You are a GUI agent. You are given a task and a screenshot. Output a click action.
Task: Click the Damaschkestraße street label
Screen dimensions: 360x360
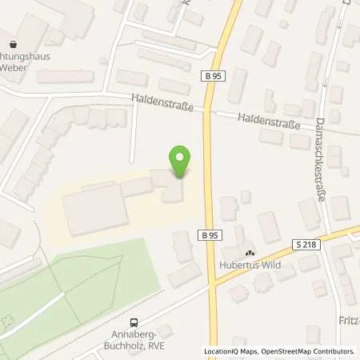[x=319, y=160]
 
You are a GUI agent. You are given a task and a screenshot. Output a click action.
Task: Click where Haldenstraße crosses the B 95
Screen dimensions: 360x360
[x=209, y=108]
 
